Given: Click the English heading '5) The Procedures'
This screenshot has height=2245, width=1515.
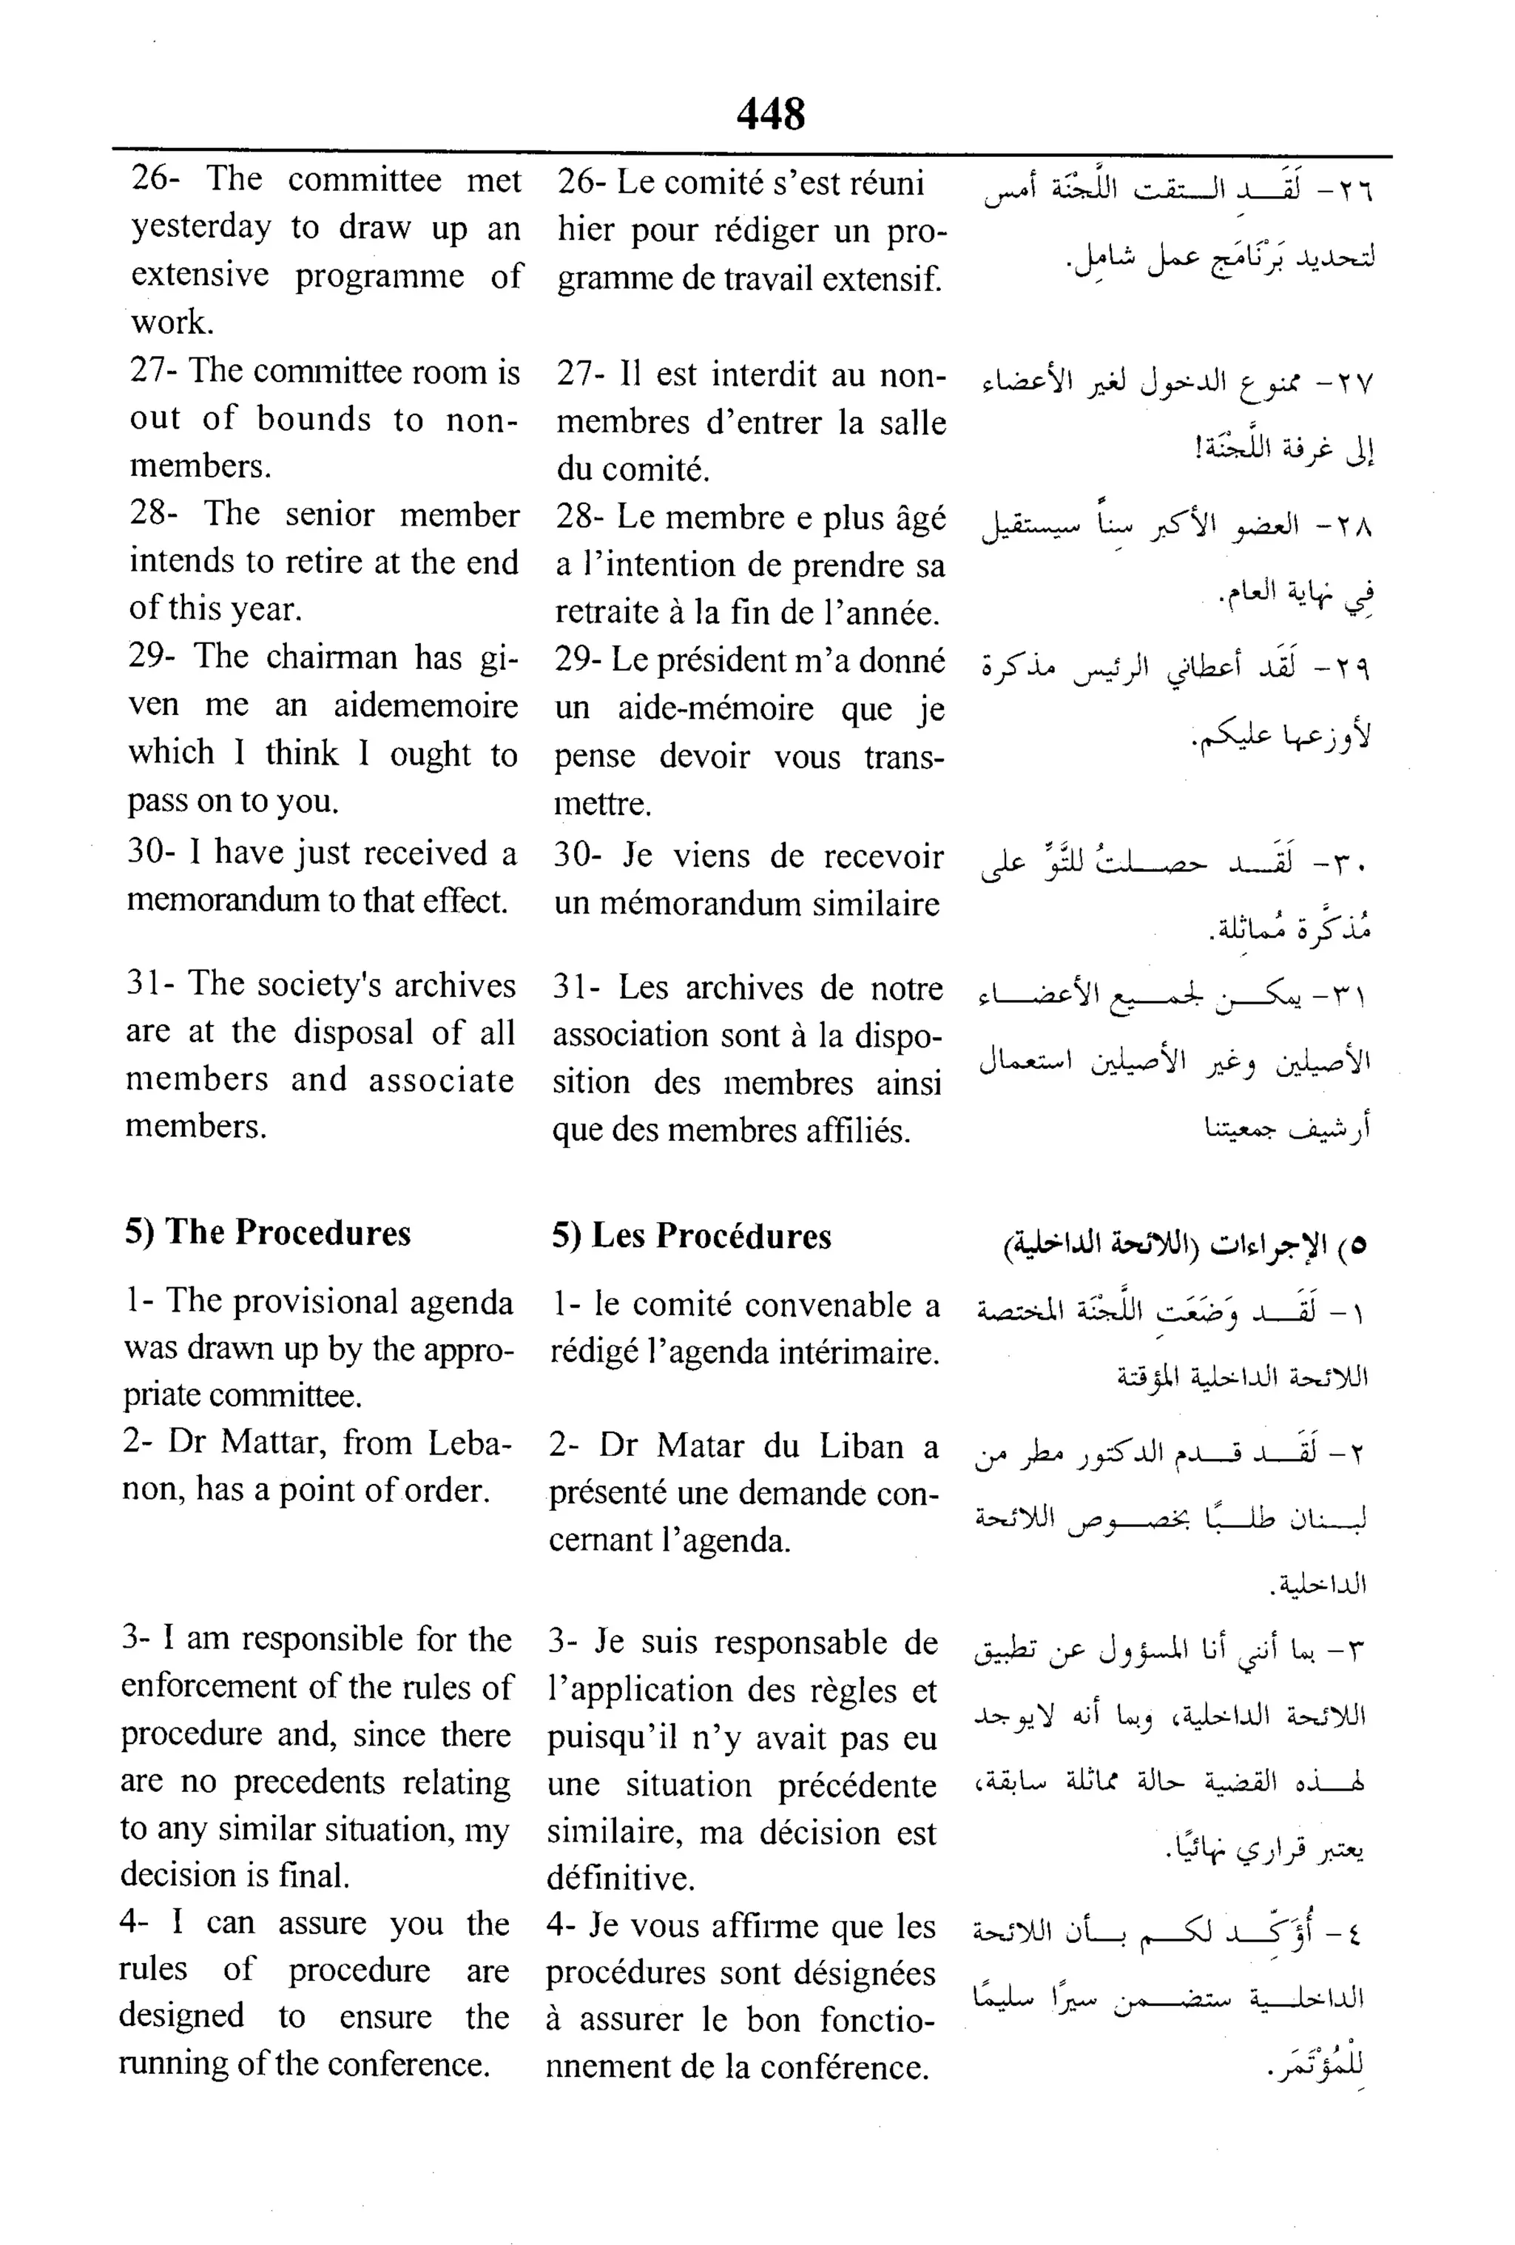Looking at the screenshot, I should pyautogui.click(x=268, y=1232).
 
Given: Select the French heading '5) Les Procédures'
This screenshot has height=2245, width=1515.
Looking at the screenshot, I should pyautogui.click(x=692, y=1236).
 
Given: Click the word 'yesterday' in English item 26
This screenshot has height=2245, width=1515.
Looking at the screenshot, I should pyautogui.click(x=202, y=228).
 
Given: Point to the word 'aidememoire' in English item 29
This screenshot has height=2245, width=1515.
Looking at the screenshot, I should pyautogui.click(x=425, y=705).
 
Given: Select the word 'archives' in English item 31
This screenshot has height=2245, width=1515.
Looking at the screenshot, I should pyautogui.click(x=455, y=985).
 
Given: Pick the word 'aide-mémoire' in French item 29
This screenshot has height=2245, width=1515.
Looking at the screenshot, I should pyautogui.click(x=717, y=708).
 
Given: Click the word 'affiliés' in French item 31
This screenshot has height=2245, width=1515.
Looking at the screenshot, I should pyautogui.click(x=858, y=1130).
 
